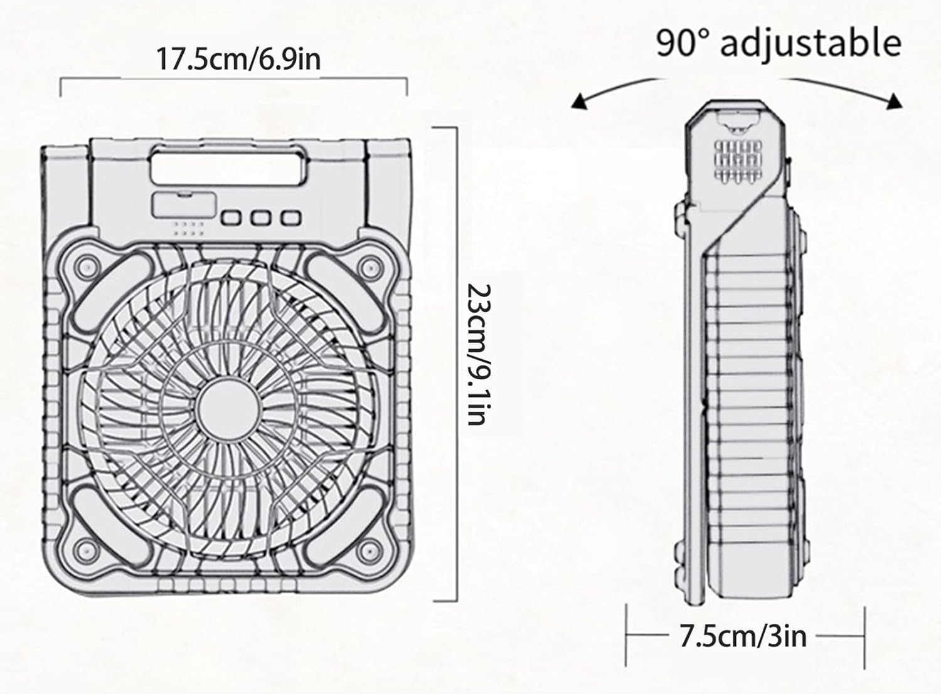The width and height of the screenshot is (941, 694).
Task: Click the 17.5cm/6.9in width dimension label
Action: [x=238, y=59]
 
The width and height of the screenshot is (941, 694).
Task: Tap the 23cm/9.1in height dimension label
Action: [x=479, y=354]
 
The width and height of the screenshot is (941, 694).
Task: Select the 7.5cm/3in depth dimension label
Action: [x=743, y=636]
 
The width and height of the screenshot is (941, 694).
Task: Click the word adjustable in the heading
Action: [x=811, y=43]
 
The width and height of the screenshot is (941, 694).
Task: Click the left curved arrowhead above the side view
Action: [x=579, y=102]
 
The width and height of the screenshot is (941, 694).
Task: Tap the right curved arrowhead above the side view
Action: [x=895, y=102]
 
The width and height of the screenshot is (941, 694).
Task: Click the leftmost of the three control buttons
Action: [x=231, y=218]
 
